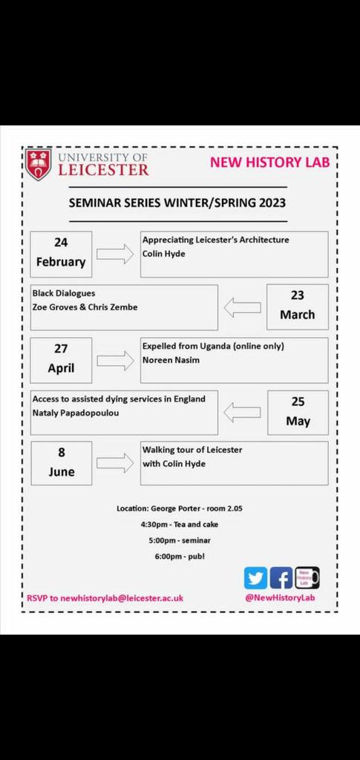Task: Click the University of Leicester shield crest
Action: [x=39, y=165]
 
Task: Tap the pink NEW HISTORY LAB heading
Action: [x=269, y=163]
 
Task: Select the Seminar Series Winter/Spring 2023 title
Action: [x=177, y=202]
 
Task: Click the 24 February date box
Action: [x=61, y=253]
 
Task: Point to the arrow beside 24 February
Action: [x=115, y=254]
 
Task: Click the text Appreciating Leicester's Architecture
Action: [x=216, y=240]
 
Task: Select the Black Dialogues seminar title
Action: [x=64, y=293]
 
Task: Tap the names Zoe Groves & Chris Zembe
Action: [x=85, y=307]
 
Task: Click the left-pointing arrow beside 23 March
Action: [x=243, y=307]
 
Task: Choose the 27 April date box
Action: [x=61, y=360]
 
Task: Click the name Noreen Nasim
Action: [x=171, y=360]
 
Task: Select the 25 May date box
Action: [x=297, y=412]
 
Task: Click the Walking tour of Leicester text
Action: [x=192, y=450]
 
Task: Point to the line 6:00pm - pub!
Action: [x=177, y=555]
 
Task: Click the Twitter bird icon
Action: [x=255, y=577]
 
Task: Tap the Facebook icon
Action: [x=281, y=577]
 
